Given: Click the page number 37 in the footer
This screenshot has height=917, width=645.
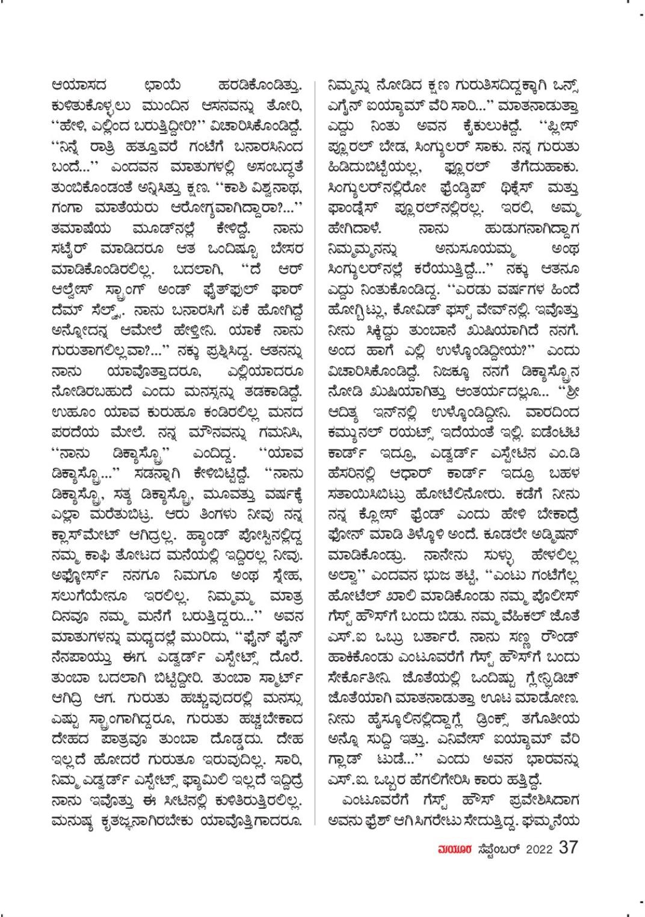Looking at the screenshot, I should (x=569, y=847).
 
